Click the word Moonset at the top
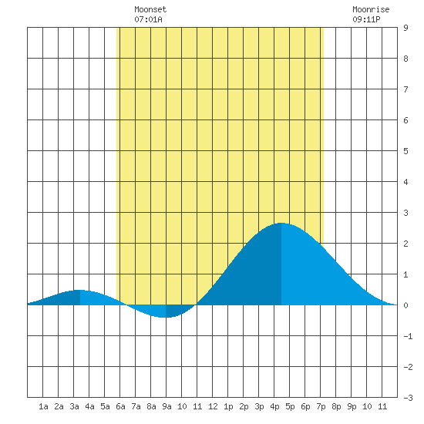click(150, 9)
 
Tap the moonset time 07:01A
click(149, 19)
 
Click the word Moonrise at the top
click(371, 9)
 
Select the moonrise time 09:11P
click(366, 19)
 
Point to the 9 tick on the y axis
click(405, 28)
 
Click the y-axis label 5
click(405, 151)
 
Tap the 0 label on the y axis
click(405, 305)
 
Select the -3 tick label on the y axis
click(408, 398)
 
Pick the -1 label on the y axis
click(408, 336)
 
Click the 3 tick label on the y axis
click(405, 213)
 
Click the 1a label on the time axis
click(43, 406)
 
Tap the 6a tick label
click(120, 406)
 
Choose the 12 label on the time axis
click(213, 406)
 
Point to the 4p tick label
click(274, 406)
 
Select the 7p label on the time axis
click(321, 406)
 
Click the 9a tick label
click(167, 406)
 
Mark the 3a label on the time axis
click(74, 406)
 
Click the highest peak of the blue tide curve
click(281, 223)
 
